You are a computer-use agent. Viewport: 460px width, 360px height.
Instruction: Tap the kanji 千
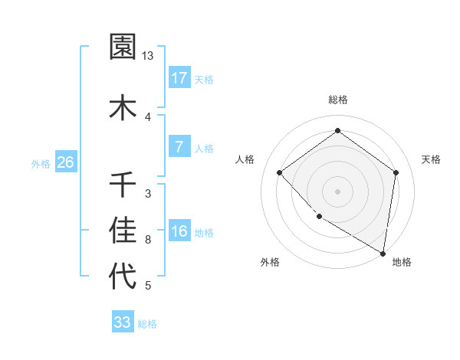click(x=123, y=185)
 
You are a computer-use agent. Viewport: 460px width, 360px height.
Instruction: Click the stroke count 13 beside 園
click(x=148, y=56)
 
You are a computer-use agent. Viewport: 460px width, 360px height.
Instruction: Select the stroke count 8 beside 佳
click(x=148, y=240)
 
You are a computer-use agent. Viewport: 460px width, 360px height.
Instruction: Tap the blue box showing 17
click(x=179, y=78)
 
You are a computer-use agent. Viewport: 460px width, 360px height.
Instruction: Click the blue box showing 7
click(x=179, y=147)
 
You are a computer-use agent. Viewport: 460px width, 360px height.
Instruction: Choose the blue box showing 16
click(x=179, y=231)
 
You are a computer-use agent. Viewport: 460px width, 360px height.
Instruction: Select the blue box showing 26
click(x=65, y=162)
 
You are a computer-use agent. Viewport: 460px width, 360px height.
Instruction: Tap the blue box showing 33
click(x=122, y=322)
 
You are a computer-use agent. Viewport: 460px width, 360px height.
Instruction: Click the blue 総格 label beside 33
click(x=147, y=324)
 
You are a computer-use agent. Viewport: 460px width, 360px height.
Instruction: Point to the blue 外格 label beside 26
click(x=41, y=164)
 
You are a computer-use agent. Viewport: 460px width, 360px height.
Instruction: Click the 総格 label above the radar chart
click(x=337, y=100)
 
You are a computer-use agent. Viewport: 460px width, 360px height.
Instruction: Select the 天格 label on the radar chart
click(x=431, y=159)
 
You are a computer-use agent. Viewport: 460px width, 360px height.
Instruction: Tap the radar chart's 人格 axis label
click(x=245, y=159)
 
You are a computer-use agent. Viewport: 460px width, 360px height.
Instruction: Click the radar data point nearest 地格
click(x=383, y=253)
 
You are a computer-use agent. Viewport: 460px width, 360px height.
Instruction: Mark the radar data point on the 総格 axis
click(x=337, y=131)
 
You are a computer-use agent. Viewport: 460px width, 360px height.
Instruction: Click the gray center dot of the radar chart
click(x=337, y=191)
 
